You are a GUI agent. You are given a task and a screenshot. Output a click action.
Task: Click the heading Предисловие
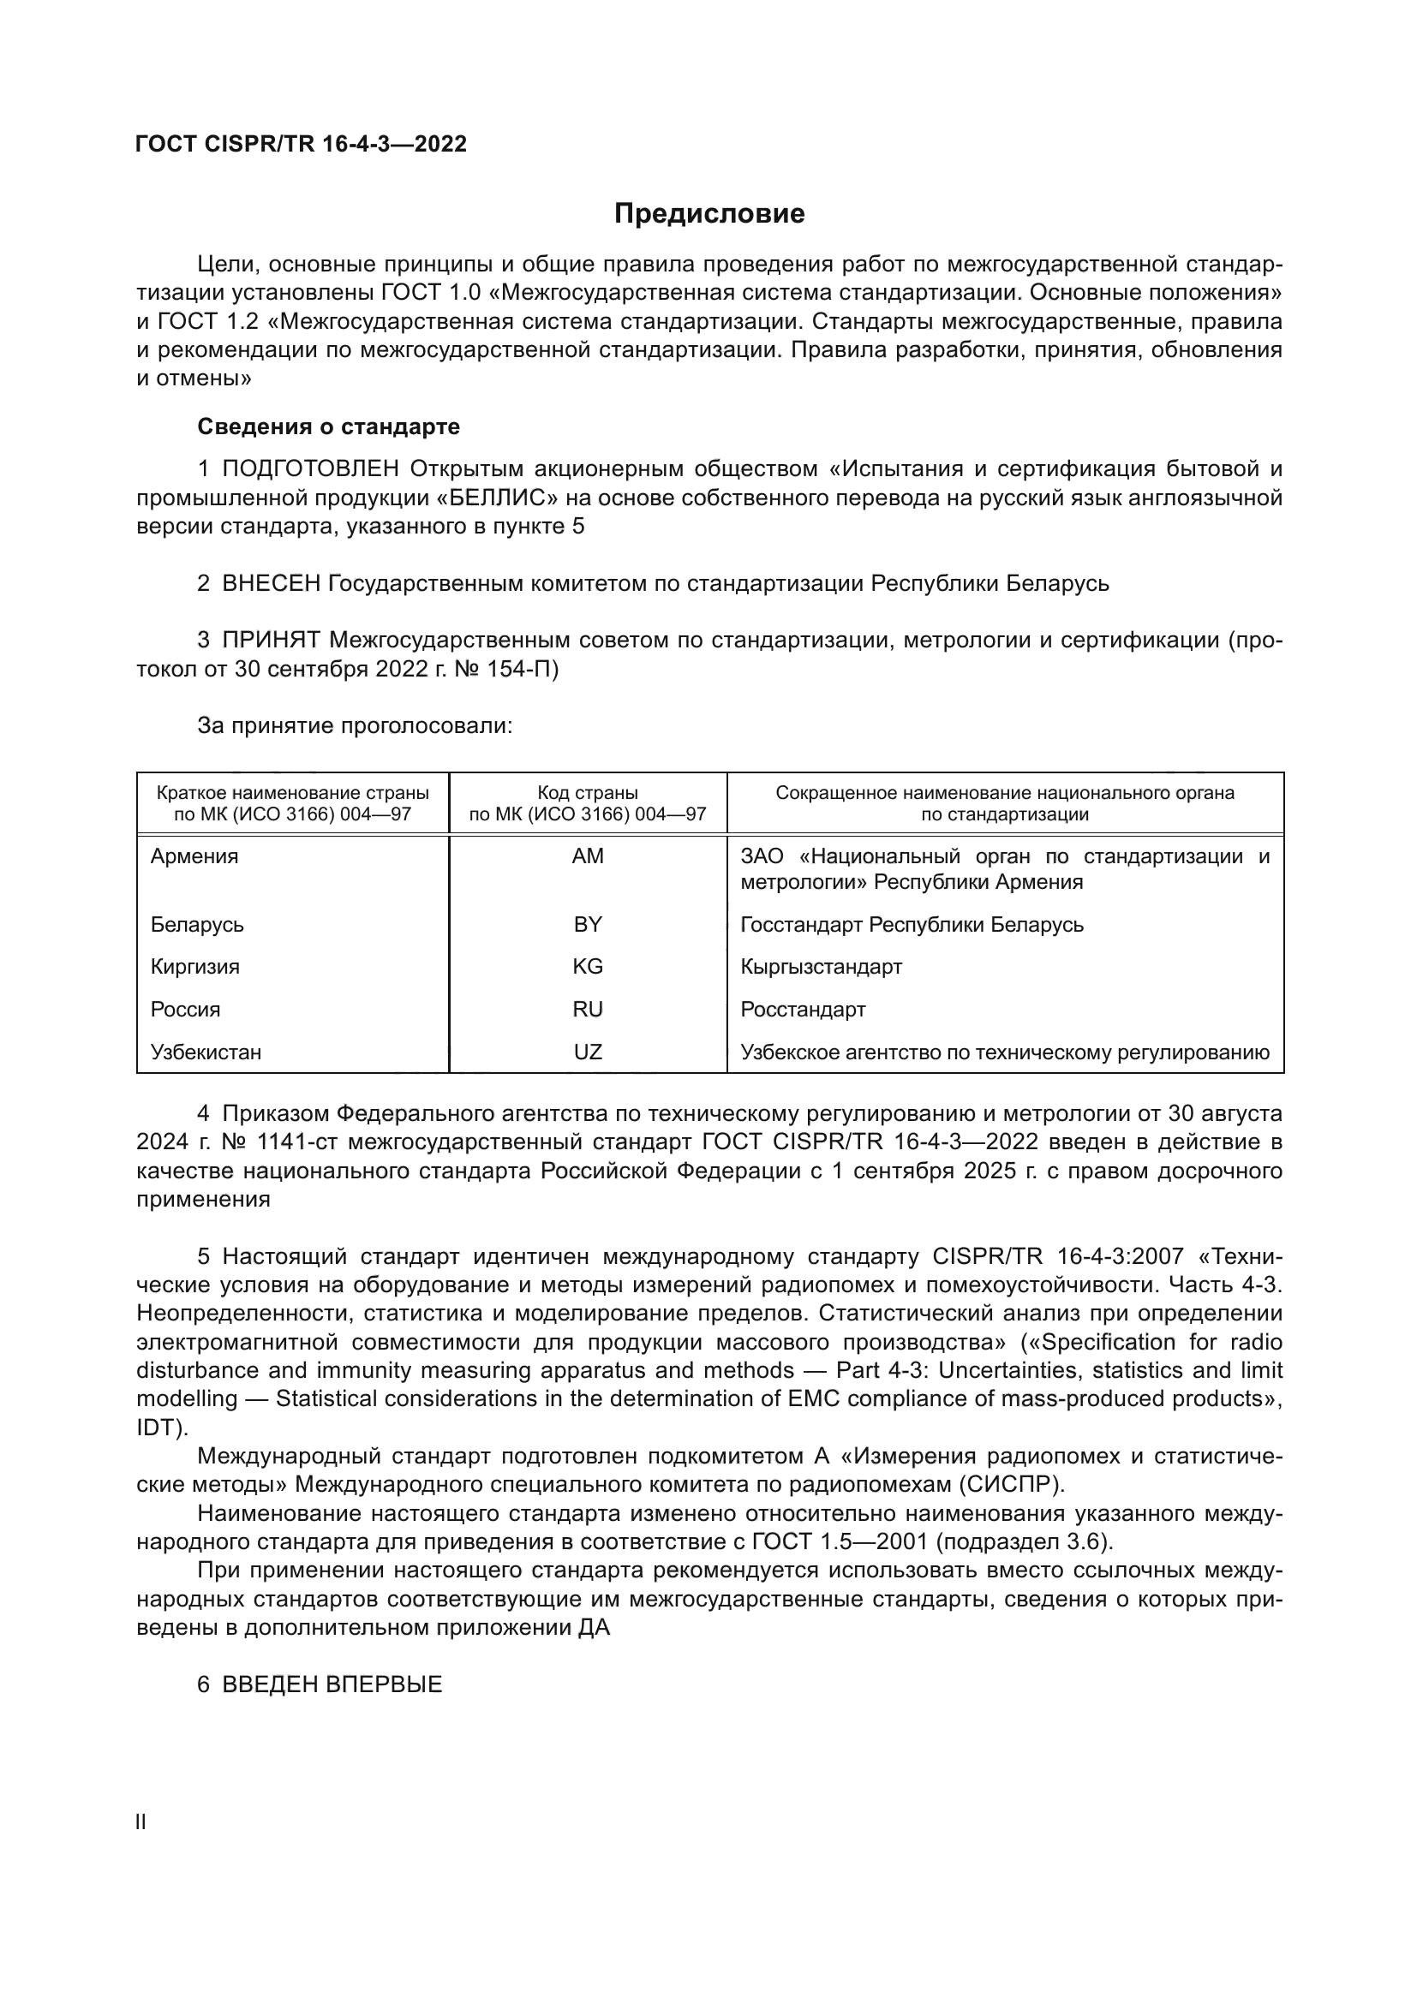pos(708,214)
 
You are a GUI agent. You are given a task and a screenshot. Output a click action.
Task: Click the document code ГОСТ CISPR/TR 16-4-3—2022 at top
pos(301,144)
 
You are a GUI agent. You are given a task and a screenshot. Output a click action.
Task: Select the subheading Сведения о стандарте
pos(328,426)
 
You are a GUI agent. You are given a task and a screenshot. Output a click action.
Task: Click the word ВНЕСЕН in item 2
pos(272,583)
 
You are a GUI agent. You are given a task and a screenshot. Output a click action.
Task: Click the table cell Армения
pos(194,855)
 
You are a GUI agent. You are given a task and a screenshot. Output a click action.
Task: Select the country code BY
pos(587,924)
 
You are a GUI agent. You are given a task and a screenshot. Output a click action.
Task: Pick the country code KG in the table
pos(587,967)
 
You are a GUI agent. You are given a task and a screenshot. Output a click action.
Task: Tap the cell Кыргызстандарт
pos(821,967)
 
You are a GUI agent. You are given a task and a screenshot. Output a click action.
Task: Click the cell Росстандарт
pos(803,1010)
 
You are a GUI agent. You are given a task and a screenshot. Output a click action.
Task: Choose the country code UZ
pos(587,1052)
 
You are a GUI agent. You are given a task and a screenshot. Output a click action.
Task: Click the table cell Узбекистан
pos(206,1052)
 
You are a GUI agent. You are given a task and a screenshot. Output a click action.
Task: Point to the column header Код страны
pos(587,793)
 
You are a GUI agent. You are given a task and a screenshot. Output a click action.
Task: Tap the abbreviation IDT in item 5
pos(156,1428)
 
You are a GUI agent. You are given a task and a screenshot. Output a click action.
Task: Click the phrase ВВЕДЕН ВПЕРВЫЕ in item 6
pos(332,1684)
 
